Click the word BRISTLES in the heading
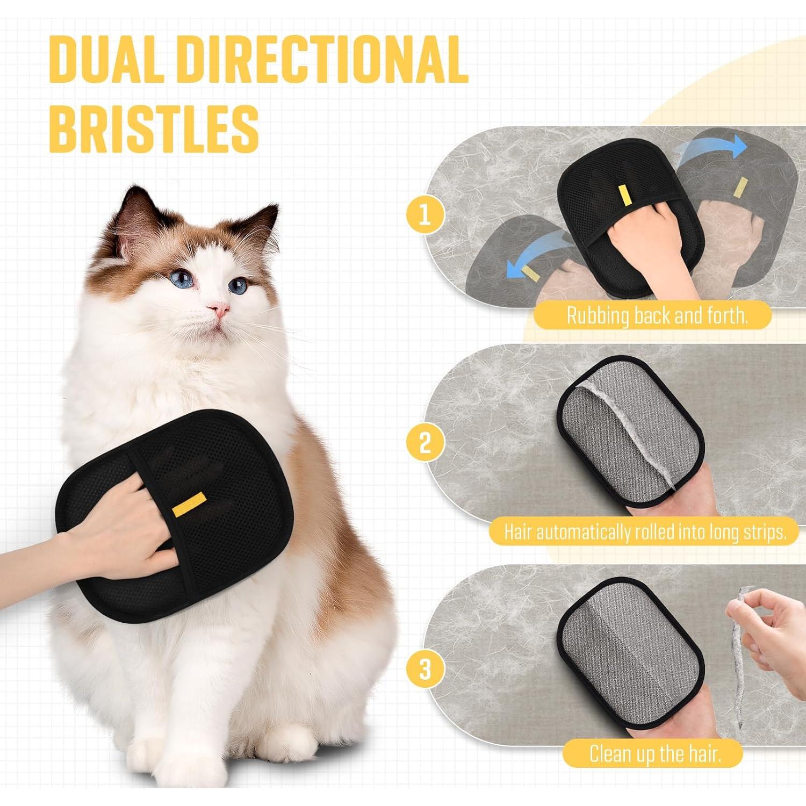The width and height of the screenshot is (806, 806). (x=154, y=129)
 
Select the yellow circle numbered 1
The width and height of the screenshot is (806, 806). (x=425, y=214)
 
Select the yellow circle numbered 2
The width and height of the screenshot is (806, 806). (x=425, y=443)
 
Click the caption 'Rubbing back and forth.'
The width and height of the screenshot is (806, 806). (x=657, y=316)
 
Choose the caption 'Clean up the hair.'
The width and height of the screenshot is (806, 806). (x=654, y=753)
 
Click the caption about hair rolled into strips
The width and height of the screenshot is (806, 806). (x=645, y=532)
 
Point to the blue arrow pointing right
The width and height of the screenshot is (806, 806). (x=712, y=148)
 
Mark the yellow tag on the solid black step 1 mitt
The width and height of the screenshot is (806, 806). (x=624, y=195)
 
